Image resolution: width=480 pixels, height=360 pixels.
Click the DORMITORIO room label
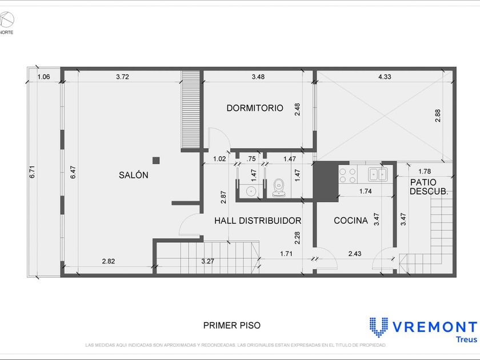point(255,108)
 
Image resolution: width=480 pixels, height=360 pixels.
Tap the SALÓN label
point(134,175)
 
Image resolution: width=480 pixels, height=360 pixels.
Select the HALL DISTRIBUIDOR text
point(258,221)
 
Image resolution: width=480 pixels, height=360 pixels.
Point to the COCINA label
point(351,221)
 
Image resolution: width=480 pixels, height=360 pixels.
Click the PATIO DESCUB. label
point(429,187)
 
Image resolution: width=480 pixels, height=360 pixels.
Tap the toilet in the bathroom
point(279,187)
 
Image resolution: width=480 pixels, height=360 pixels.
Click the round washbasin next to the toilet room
point(251,191)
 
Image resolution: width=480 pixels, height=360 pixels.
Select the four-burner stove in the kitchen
point(348,175)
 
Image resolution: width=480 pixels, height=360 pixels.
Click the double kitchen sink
point(378,174)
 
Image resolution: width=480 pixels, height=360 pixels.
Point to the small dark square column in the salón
point(156,161)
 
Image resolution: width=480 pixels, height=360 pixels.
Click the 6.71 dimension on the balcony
point(32,172)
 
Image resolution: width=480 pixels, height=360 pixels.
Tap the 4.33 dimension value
point(385,77)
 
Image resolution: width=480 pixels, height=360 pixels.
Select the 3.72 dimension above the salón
point(122,77)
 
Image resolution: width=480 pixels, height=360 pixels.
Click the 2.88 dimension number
point(438,115)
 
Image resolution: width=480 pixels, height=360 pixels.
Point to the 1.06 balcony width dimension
point(43,77)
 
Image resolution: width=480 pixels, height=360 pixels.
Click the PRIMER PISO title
point(232,325)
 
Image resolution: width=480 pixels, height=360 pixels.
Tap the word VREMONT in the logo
point(435,327)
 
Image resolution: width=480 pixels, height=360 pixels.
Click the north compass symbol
point(7,19)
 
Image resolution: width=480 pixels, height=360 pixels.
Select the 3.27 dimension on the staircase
point(207,261)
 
